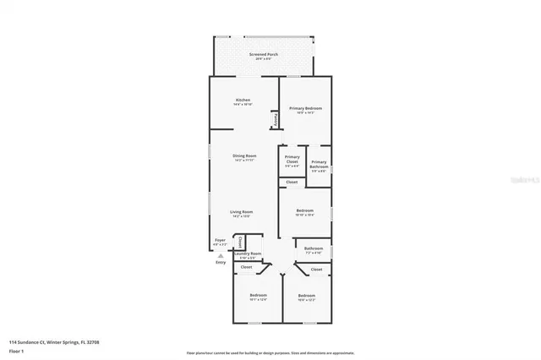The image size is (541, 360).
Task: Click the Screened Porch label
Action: point(263,55)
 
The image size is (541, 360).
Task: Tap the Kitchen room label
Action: point(243,101)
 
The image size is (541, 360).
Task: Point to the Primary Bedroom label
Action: point(305,109)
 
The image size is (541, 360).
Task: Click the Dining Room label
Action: point(244,156)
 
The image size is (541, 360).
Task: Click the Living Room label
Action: point(242,212)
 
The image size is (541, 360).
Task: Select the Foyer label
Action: point(220,240)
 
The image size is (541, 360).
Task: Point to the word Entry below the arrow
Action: point(221,262)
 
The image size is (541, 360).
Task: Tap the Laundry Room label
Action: point(248,254)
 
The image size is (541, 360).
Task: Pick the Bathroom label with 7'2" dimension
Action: point(313,248)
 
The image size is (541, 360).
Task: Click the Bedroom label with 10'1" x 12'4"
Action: point(257,295)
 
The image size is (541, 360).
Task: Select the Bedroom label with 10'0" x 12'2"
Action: point(305,295)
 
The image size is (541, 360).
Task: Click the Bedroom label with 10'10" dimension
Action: point(304,210)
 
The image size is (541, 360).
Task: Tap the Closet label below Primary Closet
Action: point(291,183)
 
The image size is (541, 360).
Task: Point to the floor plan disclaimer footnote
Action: point(270,352)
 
